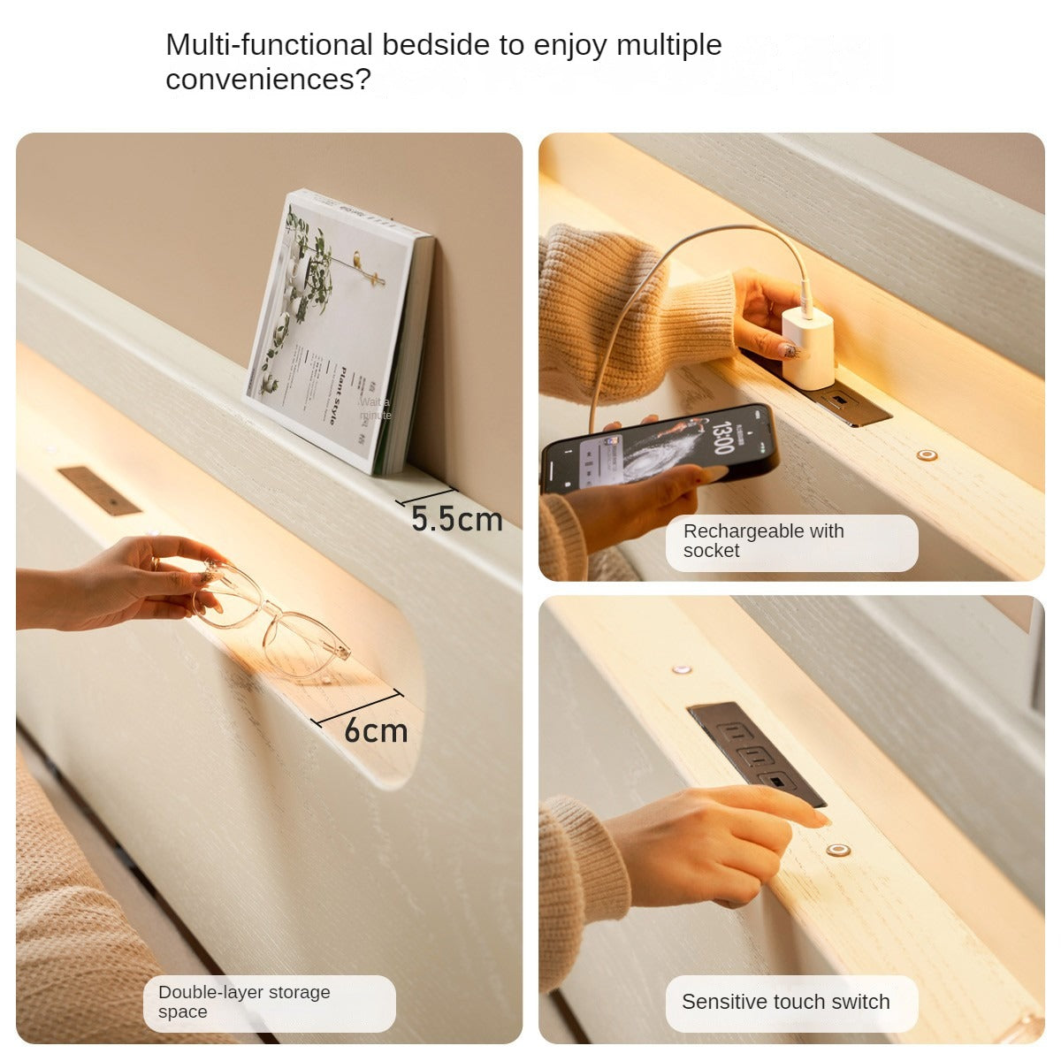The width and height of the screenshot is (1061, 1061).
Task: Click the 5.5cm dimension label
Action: click(456, 519)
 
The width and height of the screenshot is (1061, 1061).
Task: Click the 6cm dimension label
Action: click(376, 730)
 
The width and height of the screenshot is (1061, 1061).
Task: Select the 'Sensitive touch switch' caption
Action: click(785, 1002)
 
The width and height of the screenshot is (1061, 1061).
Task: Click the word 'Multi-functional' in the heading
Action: click(270, 44)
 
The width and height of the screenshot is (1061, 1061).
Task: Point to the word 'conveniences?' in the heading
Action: click(268, 80)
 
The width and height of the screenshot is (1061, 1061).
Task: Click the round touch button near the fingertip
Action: click(837, 851)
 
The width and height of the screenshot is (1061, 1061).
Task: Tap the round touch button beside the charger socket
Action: click(927, 455)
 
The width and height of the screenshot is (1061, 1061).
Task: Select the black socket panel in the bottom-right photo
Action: click(756, 753)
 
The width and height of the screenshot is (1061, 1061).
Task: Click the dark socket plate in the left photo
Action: click(99, 491)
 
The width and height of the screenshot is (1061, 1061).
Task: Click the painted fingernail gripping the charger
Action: click(790, 350)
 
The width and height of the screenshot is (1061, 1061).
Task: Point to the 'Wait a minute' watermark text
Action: click(375, 408)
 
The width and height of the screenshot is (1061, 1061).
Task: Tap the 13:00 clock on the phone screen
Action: click(721, 438)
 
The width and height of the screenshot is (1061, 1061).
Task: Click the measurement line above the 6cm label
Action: click(358, 707)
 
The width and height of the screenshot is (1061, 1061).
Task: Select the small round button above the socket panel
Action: click(682, 669)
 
